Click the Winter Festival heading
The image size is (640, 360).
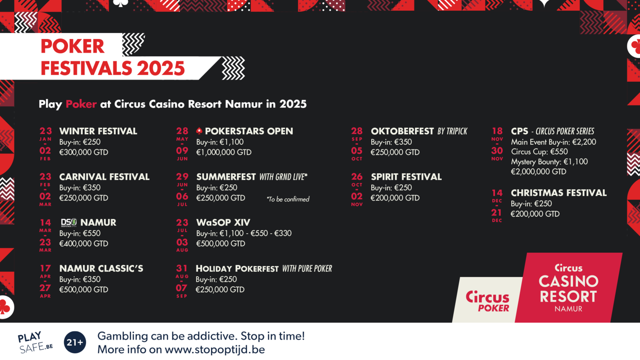pyautogui.click(x=98, y=131)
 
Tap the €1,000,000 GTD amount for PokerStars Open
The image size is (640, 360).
pyautogui.click(x=224, y=152)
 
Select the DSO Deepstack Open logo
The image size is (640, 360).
pyautogui.click(x=69, y=223)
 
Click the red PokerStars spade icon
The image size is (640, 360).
pyautogui.click(x=199, y=131)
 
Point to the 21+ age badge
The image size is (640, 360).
pyautogui.click(x=75, y=342)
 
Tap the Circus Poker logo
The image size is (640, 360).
pyautogui.click(x=487, y=301)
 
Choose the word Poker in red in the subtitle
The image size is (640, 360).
pyautogui.click(x=81, y=104)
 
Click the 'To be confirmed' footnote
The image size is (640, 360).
pyautogui.click(x=288, y=199)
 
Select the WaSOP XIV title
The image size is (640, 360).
pyautogui.click(x=223, y=222)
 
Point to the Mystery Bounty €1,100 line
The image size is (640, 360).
pyautogui.click(x=549, y=162)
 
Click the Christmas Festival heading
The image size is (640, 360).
pyautogui.click(x=558, y=193)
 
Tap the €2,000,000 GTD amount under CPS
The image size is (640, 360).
pyautogui.click(x=538, y=172)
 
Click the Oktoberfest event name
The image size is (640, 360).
pyautogui.click(x=402, y=131)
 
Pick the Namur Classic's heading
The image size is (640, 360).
pyautogui.click(x=101, y=268)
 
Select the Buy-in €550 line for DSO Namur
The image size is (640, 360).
pyautogui.click(x=80, y=234)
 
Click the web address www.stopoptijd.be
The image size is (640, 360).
pyautogui.click(x=215, y=350)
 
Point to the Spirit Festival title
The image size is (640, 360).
pyautogui.click(x=406, y=177)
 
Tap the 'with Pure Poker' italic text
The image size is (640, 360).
pyautogui.click(x=307, y=269)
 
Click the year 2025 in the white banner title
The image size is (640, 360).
pyautogui.click(x=161, y=68)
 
